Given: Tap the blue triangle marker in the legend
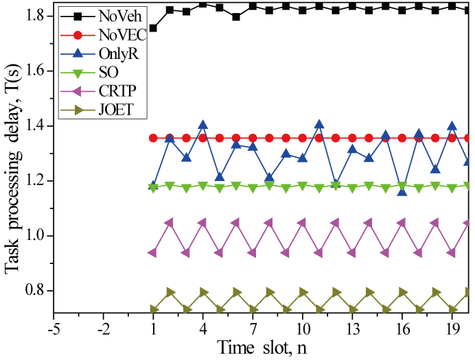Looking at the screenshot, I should pyautogui.click(x=78, y=53).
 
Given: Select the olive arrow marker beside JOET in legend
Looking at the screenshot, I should pyautogui.click(x=78, y=110).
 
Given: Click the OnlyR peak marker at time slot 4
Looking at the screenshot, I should pyautogui.click(x=203, y=125).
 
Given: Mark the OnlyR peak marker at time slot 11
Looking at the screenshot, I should pyautogui.click(x=319, y=124).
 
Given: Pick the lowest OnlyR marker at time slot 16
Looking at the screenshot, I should pyautogui.click(x=402, y=191).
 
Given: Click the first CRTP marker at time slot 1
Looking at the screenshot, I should pyautogui.click(x=152, y=253).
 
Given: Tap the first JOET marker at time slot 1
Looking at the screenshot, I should pyautogui.click(x=153, y=309).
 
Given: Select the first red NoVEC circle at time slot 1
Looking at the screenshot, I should pyautogui.click(x=153, y=138).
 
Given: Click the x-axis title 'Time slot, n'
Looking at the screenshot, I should pyautogui.click(x=262, y=346).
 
